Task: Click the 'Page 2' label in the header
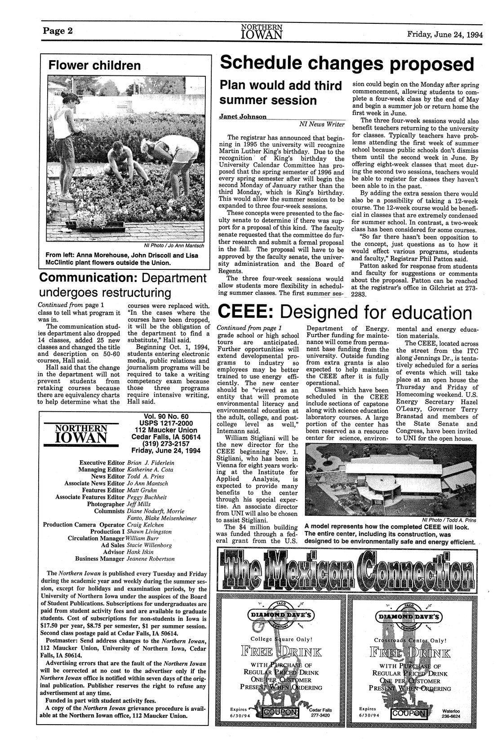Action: pos(58,31)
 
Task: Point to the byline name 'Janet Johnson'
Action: pos(243,116)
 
